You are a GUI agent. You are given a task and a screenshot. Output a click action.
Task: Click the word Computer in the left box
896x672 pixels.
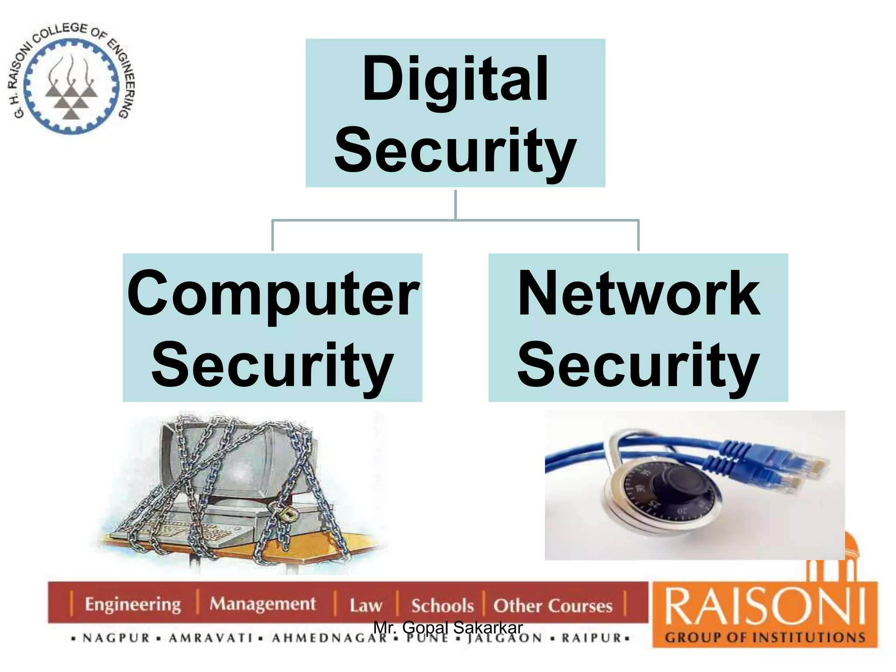[273, 294]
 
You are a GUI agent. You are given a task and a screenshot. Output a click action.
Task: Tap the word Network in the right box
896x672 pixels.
[639, 294]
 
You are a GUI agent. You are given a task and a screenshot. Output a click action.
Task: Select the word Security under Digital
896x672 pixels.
[455, 151]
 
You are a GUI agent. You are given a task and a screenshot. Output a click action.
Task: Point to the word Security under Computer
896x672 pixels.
[272, 365]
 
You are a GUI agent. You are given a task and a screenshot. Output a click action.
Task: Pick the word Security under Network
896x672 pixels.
[638, 365]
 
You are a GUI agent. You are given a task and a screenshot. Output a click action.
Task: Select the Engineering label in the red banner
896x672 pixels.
[133, 605]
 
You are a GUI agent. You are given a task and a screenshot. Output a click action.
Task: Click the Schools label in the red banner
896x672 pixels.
[442, 606]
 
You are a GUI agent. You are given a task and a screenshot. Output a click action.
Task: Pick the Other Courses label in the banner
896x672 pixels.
[553, 606]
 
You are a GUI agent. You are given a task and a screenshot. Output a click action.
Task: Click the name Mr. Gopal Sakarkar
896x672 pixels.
[448, 627]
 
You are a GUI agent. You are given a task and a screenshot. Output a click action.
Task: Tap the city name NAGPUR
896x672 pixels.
[116, 638]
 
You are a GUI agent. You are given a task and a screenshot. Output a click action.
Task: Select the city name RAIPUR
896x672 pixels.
[591, 638]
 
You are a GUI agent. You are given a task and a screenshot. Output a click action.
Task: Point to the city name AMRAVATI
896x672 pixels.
[210, 638]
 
